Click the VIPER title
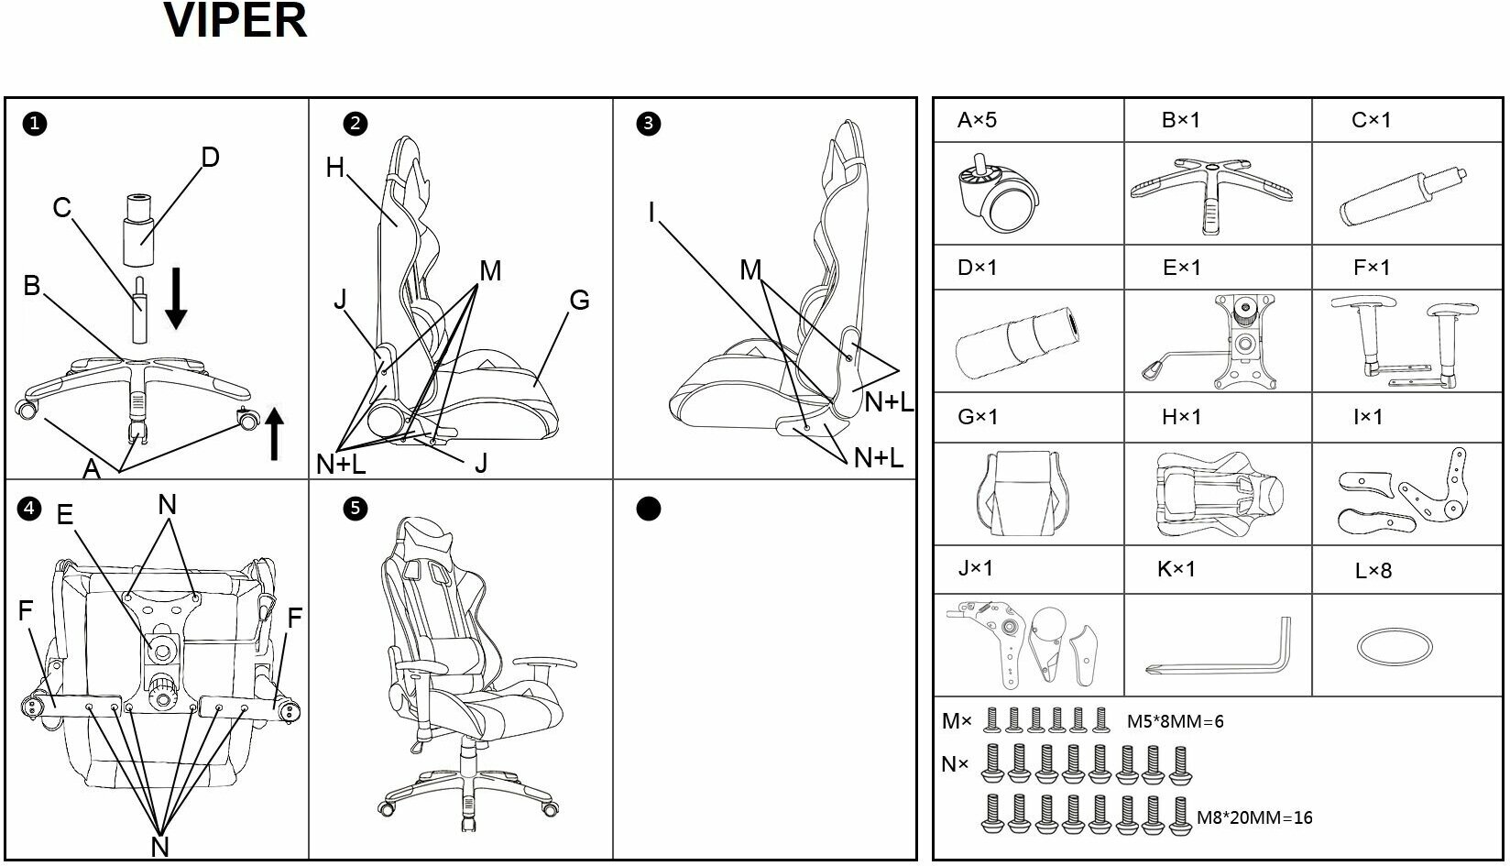click(x=235, y=21)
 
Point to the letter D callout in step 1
click(x=210, y=158)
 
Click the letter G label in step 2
click(x=579, y=301)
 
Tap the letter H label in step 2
click(x=334, y=168)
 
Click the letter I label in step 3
click(x=651, y=213)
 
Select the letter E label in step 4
click(x=64, y=514)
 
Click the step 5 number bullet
click(x=355, y=509)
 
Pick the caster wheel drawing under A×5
click(x=996, y=195)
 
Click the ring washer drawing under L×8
click(x=1395, y=645)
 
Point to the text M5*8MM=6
click(x=1176, y=721)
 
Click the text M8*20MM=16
click(x=1254, y=817)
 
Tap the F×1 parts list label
click(x=1371, y=268)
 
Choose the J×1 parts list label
click(x=975, y=568)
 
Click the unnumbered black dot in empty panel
click(x=648, y=509)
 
